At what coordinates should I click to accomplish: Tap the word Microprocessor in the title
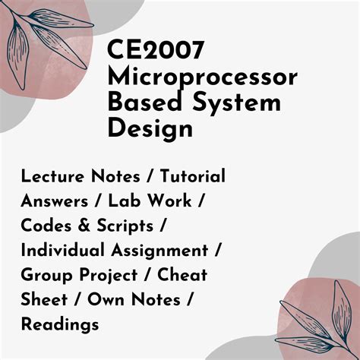(x=203, y=78)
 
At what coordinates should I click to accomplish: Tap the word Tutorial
(x=193, y=176)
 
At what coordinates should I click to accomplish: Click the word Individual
(x=59, y=250)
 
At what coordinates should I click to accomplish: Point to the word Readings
(x=61, y=324)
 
